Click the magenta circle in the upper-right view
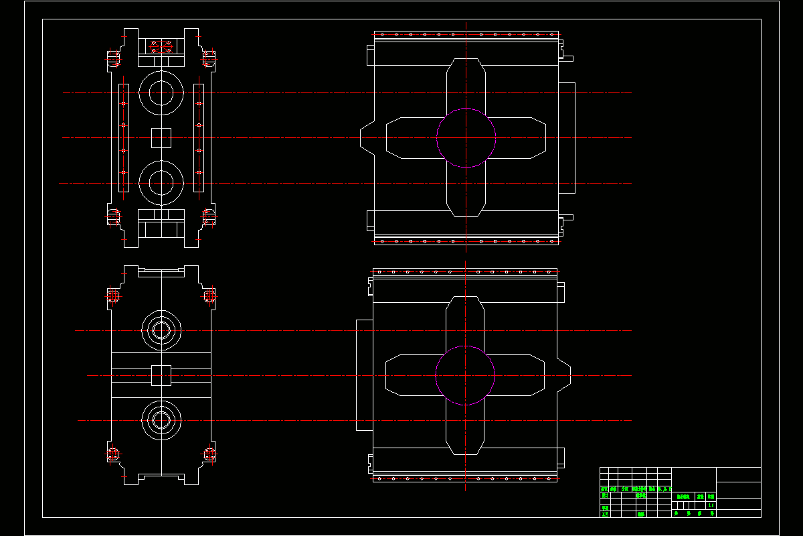466,137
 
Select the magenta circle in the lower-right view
465,375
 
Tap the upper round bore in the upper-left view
161,92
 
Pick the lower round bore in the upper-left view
161,182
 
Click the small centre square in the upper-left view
161,137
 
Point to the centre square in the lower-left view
161,375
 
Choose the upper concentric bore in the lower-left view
161,330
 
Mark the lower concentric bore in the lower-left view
161,420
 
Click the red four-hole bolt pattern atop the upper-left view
161,47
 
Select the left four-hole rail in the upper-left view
123,137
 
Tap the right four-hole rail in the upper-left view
199,137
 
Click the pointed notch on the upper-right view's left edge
367,137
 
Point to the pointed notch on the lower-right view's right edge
564,375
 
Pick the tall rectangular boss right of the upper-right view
567,137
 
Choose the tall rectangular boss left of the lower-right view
364,375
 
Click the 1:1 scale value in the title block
711,505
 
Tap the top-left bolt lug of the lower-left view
113,296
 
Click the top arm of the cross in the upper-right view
466,84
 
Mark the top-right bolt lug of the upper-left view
209,58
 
